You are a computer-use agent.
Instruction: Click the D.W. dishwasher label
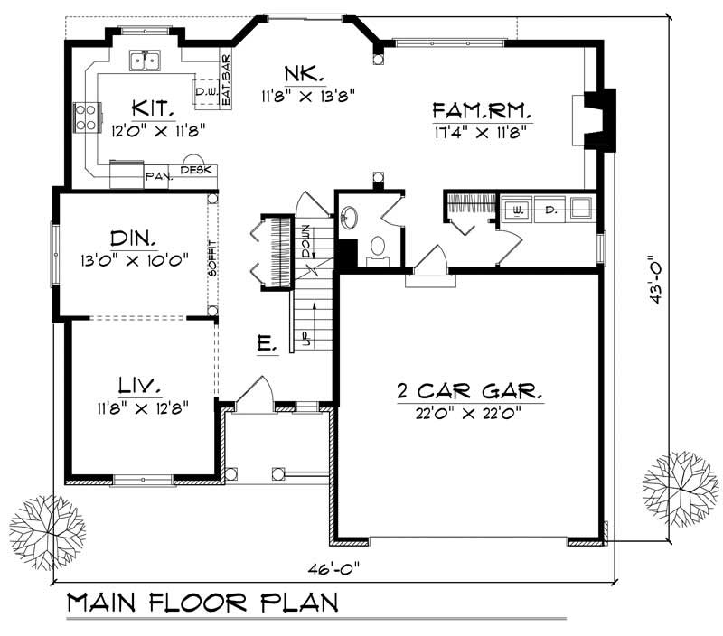click(202, 90)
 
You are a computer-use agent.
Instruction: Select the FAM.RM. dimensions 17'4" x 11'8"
click(479, 131)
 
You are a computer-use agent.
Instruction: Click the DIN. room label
click(133, 239)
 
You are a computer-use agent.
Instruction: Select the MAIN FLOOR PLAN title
click(203, 603)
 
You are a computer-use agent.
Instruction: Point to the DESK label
click(196, 170)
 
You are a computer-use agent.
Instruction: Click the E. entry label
click(266, 343)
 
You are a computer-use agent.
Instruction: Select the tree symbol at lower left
click(47, 526)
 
